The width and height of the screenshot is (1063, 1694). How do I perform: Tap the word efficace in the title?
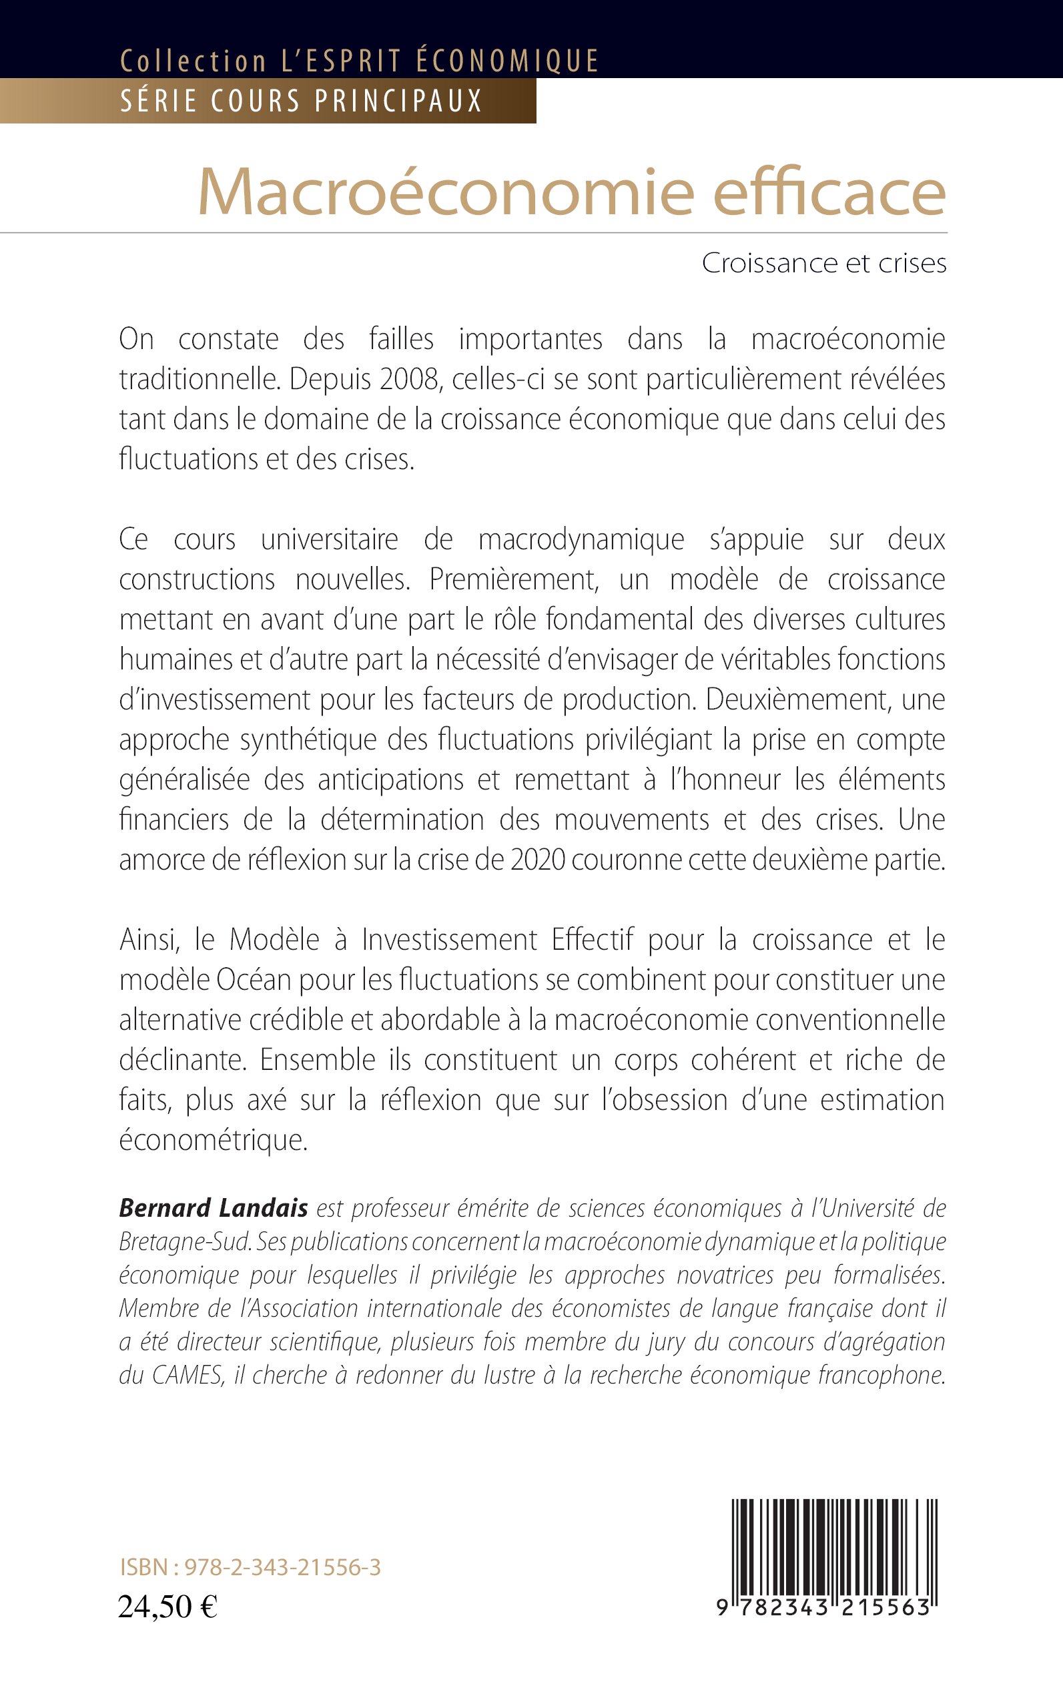(829, 193)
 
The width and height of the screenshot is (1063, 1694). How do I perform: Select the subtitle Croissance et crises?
(824, 264)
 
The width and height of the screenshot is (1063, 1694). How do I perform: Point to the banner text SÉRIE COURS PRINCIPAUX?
(301, 101)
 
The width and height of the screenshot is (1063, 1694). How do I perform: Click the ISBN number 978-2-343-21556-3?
(282, 1567)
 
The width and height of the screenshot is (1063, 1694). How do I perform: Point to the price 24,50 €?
(167, 1607)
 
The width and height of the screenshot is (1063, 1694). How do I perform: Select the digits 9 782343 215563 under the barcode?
(823, 1608)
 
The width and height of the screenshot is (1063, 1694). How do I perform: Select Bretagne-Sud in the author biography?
(185, 1242)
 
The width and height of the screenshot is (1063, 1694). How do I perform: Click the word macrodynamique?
(581, 540)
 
